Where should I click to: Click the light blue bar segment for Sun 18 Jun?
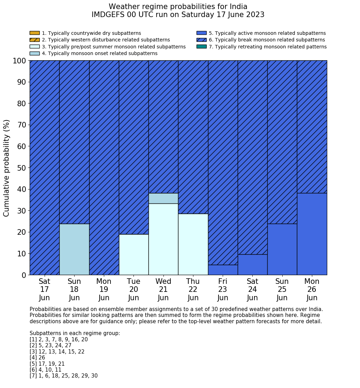pyautogui.click(x=74, y=249)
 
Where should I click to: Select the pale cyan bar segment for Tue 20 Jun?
pyautogui.click(x=133, y=254)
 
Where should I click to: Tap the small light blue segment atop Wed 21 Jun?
pyautogui.click(x=163, y=198)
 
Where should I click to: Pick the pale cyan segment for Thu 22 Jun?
pyautogui.click(x=193, y=244)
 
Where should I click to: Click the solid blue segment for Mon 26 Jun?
pyautogui.click(x=312, y=234)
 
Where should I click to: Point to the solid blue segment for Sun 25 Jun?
pyautogui.click(x=282, y=249)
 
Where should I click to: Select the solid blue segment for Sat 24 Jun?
pyautogui.click(x=252, y=264)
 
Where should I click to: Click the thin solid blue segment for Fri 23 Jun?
pyautogui.click(x=223, y=270)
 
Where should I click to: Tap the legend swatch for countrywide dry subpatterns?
pyautogui.click(x=35, y=33)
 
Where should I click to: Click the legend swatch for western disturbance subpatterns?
pyautogui.click(x=35, y=40)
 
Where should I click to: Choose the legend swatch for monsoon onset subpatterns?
pyautogui.click(x=35, y=53)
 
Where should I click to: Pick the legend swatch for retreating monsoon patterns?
pyautogui.click(x=201, y=46)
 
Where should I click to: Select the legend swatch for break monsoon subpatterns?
pyautogui.click(x=201, y=40)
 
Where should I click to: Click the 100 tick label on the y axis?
pyautogui.click(x=20, y=61)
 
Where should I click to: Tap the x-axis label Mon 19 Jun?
pyautogui.click(x=104, y=289)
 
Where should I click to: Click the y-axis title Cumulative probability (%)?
pyautogui.click(x=7, y=168)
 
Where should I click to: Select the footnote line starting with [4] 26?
pyautogui.click(x=37, y=358)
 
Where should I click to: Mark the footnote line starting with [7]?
pyautogui.click(x=63, y=376)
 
